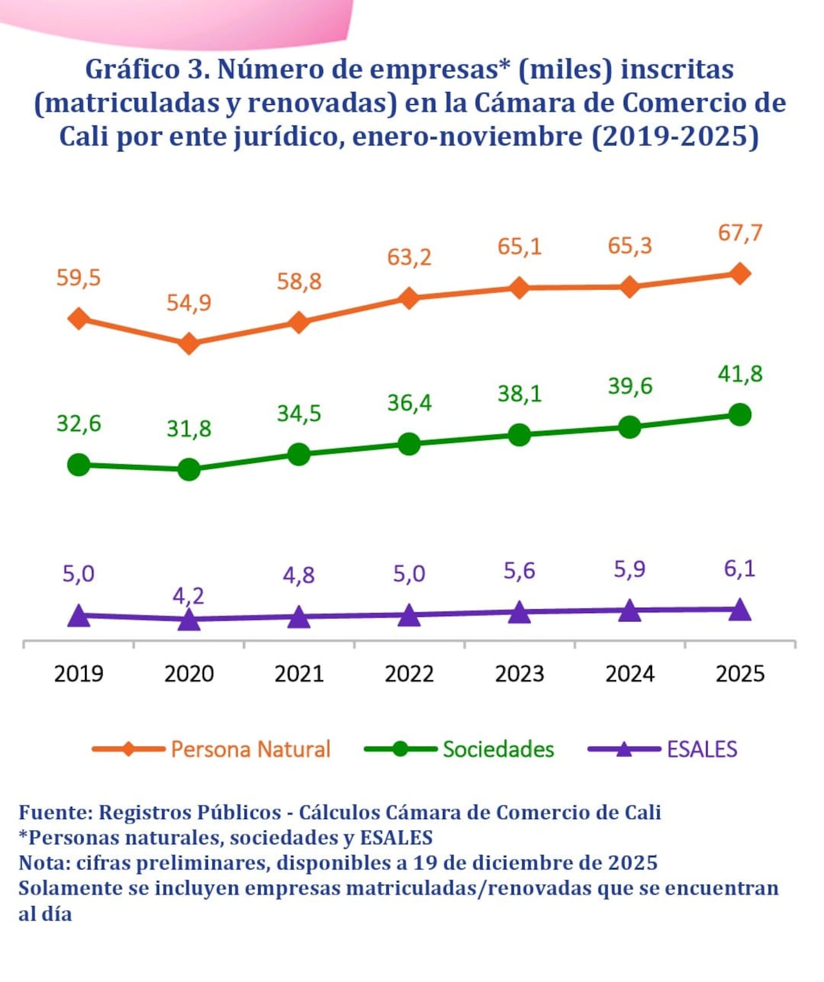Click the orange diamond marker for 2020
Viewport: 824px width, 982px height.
pyautogui.click(x=189, y=343)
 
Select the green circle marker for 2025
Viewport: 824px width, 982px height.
pyautogui.click(x=740, y=414)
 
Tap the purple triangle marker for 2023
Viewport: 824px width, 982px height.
pyautogui.click(x=520, y=612)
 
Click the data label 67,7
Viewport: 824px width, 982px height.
pyautogui.click(x=740, y=232)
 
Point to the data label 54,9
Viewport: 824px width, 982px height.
pyautogui.click(x=189, y=303)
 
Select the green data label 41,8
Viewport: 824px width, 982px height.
pyautogui.click(x=740, y=373)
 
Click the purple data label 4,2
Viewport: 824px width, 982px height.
pyautogui.click(x=188, y=596)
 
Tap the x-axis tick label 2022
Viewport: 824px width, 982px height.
pyautogui.click(x=409, y=674)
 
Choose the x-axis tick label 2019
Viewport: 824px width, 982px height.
pyautogui.click(x=79, y=674)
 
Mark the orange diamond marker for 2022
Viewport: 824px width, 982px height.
pyautogui.click(x=409, y=297)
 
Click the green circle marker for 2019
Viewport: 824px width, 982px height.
pyautogui.click(x=79, y=464)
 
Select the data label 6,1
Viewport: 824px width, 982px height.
pyautogui.click(x=740, y=569)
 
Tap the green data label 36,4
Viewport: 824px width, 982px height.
pyautogui.click(x=409, y=403)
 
